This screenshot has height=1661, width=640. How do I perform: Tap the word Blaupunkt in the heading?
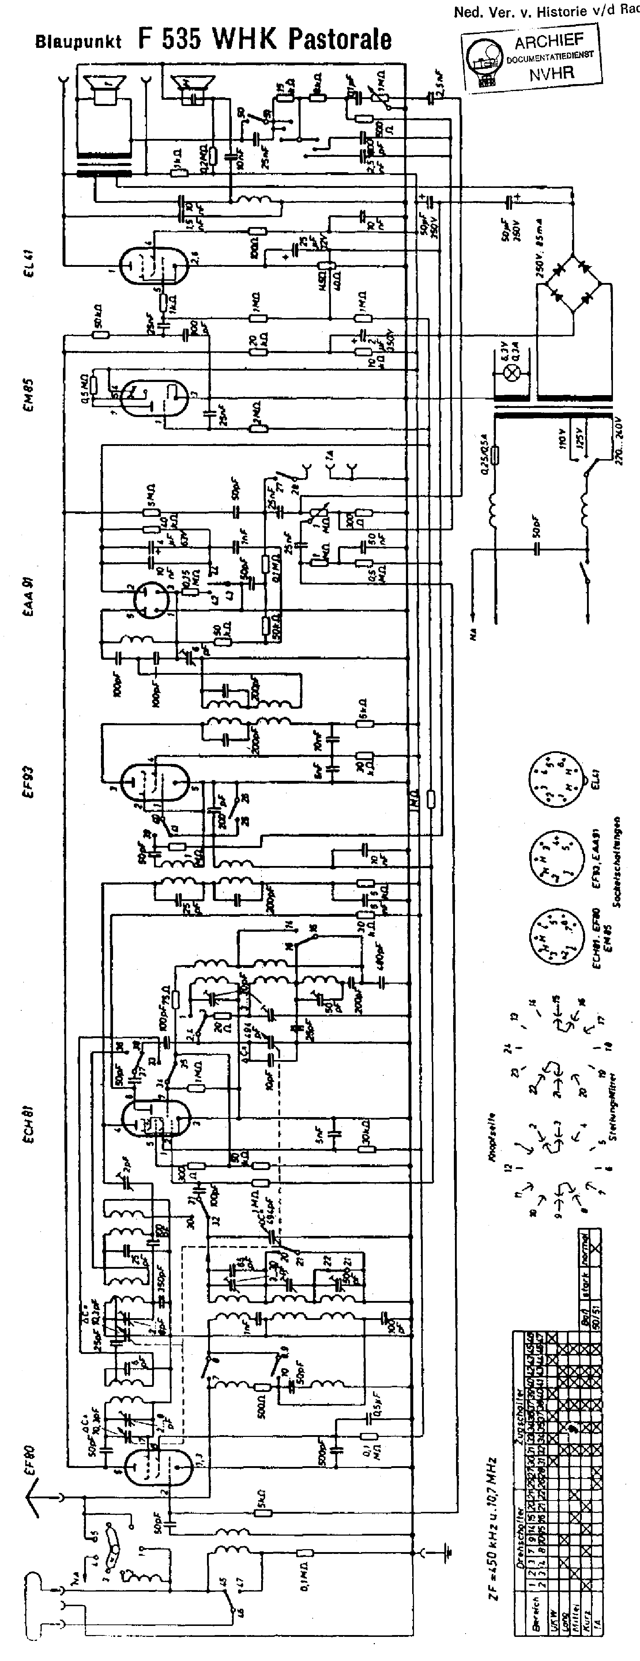click(x=78, y=42)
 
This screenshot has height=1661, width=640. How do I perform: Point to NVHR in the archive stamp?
click(x=551, y=73)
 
